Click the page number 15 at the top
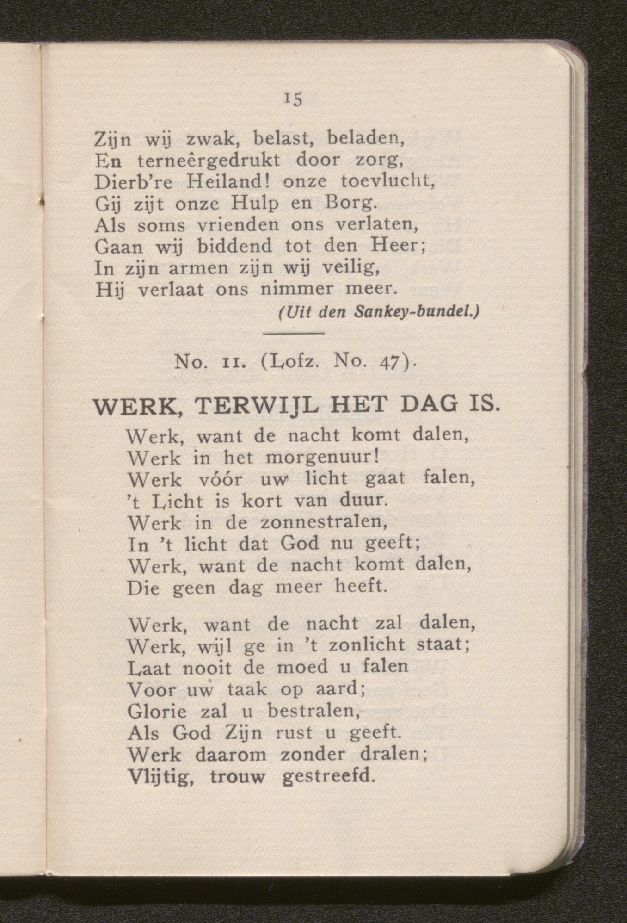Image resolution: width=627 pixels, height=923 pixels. [x=293, y=99]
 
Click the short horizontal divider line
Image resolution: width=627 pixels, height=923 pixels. [x=293, y=333]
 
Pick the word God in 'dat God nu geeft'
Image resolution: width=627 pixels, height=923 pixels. [x=300, y=544]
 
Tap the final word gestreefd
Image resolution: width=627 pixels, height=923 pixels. [x=327, y=776]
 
